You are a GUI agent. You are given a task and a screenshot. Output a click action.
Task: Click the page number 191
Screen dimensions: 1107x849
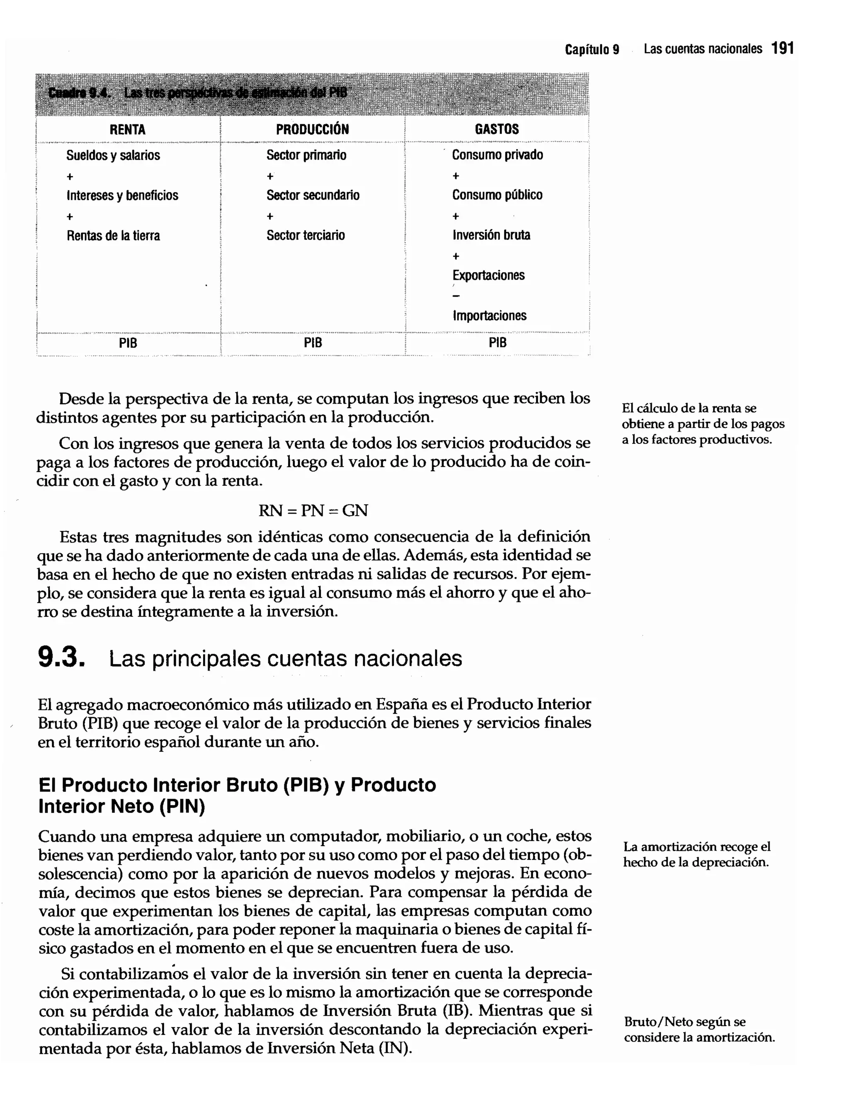click(783, 49)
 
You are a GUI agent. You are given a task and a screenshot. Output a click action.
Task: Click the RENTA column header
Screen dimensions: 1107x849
click(127, 129)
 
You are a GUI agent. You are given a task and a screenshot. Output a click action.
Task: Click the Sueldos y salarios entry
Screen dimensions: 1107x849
click(113, 155)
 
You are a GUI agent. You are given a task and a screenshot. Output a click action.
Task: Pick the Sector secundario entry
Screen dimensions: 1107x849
click(313, 195)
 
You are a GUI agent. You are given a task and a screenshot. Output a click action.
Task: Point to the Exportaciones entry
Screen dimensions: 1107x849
click(488, 275)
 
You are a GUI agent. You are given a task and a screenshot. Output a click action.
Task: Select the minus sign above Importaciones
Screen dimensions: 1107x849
click(456, 296)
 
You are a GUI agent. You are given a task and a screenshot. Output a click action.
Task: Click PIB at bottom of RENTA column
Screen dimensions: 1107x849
click(128, 343)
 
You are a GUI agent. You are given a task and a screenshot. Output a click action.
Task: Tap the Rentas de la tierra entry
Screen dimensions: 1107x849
click(113, 236)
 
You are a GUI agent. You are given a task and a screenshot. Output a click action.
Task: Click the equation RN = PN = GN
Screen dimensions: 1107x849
click(313, 511)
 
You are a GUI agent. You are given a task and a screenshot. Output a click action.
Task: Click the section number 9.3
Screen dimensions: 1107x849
click(60, 658)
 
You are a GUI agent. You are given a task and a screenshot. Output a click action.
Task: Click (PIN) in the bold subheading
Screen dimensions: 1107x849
click(182, 806)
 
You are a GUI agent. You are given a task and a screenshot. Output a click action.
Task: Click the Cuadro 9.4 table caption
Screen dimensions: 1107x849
click(197, 93)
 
